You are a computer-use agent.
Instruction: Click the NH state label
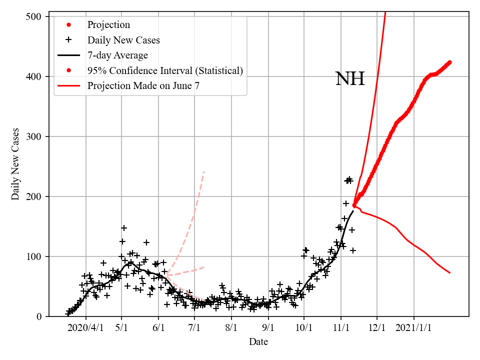349,79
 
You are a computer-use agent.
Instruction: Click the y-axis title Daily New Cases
15,164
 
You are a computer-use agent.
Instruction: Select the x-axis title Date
258,342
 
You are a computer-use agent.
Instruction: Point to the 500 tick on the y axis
34,16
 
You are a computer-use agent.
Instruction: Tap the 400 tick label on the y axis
34,76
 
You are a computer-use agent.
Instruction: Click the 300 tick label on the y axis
34,136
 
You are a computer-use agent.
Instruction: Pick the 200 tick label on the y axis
34,196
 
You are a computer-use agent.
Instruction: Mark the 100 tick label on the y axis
34,256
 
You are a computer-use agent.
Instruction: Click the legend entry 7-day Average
117,55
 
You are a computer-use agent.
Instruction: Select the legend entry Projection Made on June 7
143,85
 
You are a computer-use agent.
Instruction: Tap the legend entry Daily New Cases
123,40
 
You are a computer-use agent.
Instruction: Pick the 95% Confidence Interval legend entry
165,70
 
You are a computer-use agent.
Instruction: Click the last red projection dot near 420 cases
449,62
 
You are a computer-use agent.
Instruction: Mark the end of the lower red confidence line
450,272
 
